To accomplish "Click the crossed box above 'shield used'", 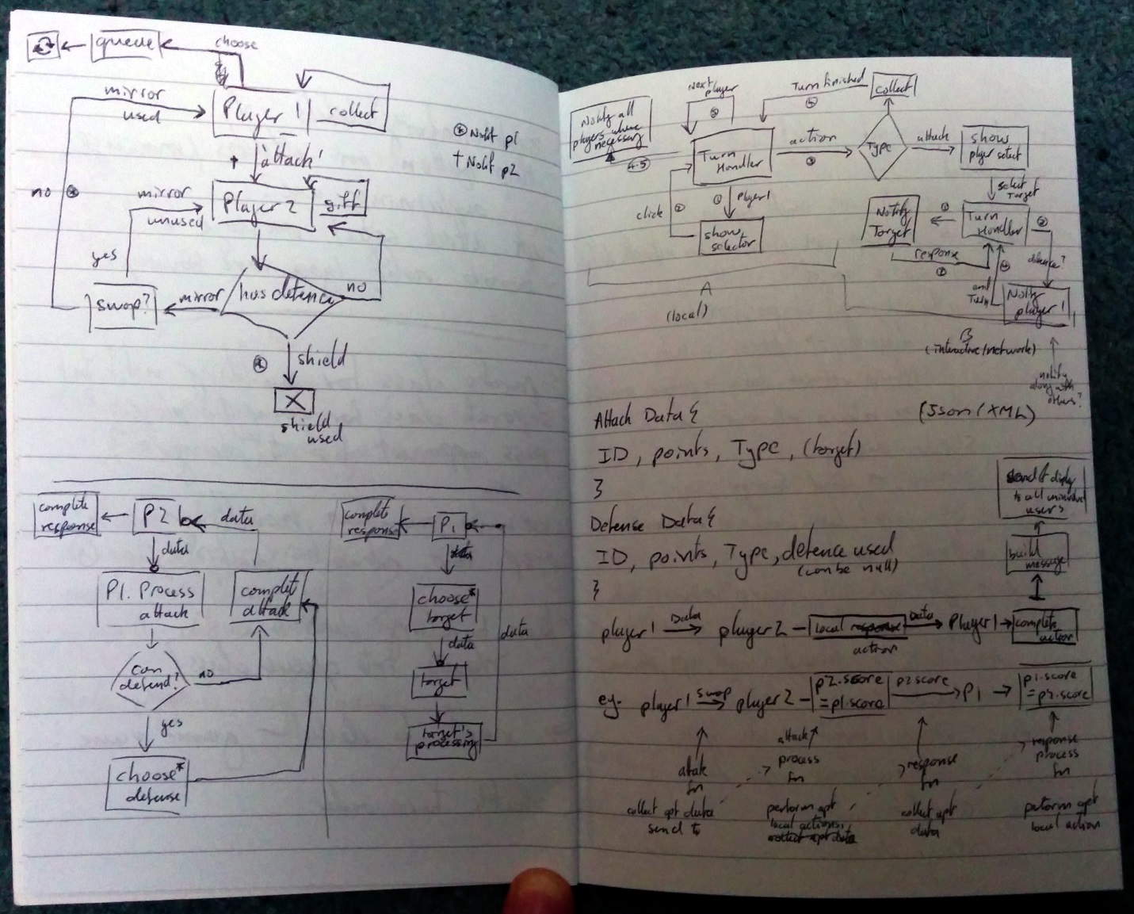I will tap(294, 401).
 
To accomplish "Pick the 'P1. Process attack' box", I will tap(149, 599).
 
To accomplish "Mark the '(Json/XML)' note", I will tap(977, 414).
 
